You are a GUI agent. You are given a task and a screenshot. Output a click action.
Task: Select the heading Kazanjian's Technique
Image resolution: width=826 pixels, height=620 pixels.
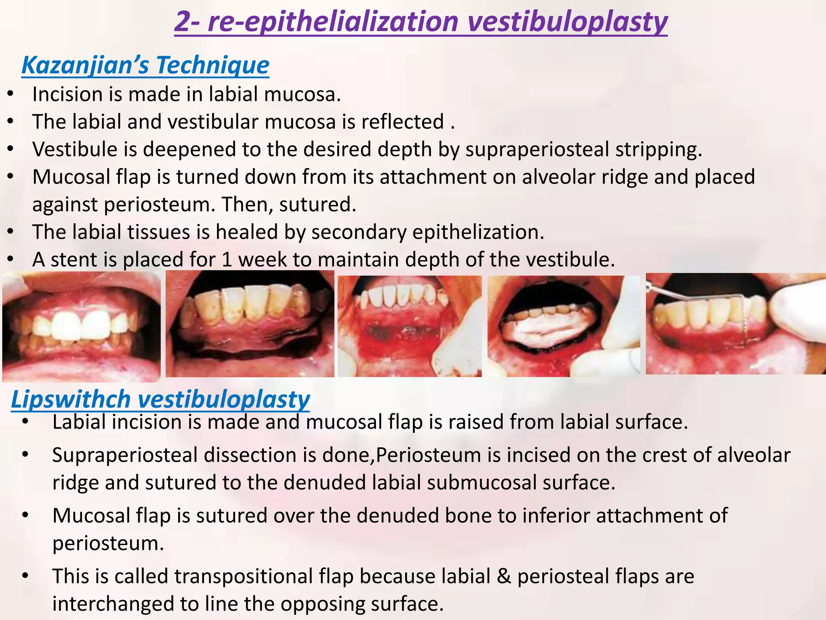(x=145, y=65)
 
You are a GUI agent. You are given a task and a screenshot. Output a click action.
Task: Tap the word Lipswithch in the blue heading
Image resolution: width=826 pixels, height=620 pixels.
(x=71, y=400)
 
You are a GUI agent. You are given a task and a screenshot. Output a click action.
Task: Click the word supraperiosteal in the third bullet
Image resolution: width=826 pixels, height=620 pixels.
(x=537, y=149)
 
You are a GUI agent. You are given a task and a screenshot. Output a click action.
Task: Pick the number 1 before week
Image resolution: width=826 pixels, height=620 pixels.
(x=227, y=260)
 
